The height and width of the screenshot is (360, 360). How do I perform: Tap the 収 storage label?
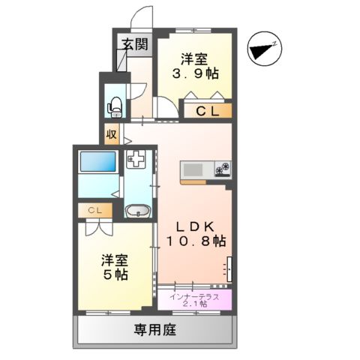point(111,135)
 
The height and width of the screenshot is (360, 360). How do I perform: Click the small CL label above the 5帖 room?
point(94,211)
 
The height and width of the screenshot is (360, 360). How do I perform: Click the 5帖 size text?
point(116,274)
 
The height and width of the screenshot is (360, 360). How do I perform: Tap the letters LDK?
point(196,226)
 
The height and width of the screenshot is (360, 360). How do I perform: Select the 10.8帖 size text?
point(196,241)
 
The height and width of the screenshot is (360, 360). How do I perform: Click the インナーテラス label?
point(194,296)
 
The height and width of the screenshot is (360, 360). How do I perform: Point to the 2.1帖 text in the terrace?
point(194,305)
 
